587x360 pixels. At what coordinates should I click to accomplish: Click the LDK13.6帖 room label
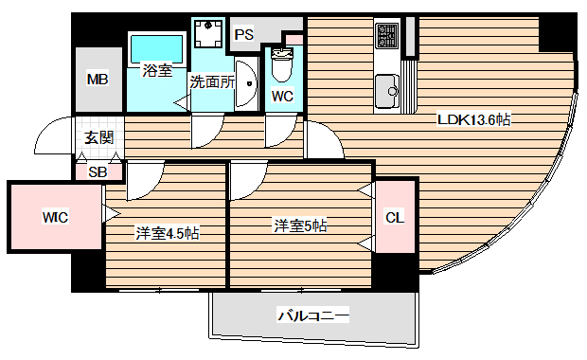473,119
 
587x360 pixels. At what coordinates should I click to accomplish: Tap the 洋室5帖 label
300,225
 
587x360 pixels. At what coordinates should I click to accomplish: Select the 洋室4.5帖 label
167,232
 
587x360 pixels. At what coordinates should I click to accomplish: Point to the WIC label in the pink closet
54,217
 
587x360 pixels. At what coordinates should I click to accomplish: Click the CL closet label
395,217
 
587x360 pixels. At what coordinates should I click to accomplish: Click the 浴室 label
157,69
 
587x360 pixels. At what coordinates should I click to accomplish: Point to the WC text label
282,96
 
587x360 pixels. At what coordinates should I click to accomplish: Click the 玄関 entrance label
98,137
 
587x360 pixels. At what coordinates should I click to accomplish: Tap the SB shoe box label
98,171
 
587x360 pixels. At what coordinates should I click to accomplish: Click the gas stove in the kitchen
388,37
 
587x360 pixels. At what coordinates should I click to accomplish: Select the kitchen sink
388,93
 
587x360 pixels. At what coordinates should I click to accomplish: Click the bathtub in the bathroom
156,46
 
